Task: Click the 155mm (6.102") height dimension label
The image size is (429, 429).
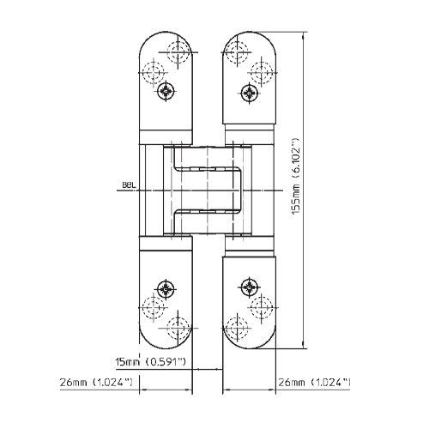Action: coord(295,177)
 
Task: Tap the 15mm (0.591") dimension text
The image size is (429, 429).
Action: coord(150,362)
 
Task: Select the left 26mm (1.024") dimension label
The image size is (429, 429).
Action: coord(96,383)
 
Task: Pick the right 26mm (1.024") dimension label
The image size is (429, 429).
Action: coord(314,383)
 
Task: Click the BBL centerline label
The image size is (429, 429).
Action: coord(129,185)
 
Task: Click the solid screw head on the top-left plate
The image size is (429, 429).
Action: coord(166,91)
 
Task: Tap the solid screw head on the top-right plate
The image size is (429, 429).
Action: coord(250,93)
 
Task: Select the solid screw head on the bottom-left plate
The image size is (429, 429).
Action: coord(166,289)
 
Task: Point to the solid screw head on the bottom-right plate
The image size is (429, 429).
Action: coord(250,287)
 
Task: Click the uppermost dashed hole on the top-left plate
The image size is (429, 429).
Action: coord(178,52)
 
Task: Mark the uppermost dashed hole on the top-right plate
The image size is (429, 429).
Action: coord(237,52)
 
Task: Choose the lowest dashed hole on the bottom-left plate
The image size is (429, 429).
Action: coord(178,329)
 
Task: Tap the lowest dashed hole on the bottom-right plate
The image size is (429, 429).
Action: coord(237,329)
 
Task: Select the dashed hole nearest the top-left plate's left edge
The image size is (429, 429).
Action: coord(154,73)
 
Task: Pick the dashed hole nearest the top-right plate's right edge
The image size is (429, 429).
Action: coord(262,73)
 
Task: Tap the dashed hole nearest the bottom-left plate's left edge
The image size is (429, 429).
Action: coord(154,308)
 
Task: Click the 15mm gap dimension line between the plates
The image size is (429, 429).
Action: coord(208,369)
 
